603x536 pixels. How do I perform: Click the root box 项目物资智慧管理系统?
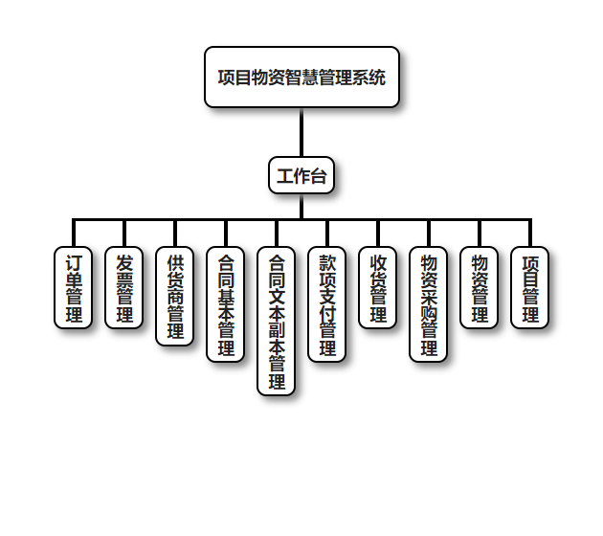coord(301,77)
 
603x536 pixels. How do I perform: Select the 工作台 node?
coord(301,176)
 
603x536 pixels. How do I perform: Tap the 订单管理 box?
coord(73,287)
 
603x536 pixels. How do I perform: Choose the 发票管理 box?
coord(123,287)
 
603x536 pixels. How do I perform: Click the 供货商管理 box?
coord(174,296)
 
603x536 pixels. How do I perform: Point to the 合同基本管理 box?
coord(225,304)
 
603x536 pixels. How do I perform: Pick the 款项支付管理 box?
coord(326,304)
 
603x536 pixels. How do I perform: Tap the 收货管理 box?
coord(377,287)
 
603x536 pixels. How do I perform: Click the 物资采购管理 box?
coord(428,304)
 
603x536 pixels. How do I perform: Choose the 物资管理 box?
coord(479,287)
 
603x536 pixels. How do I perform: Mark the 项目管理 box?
coord(529,287)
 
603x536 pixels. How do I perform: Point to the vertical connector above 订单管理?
coord(73,234)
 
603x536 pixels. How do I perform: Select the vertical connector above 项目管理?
coord(529,234)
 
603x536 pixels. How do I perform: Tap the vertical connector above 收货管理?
coord(377,234)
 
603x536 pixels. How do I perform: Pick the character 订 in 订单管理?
coord(73,262)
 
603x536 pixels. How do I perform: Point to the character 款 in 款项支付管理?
coord(326,262)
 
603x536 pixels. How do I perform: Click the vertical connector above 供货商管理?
coord(174,234)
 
